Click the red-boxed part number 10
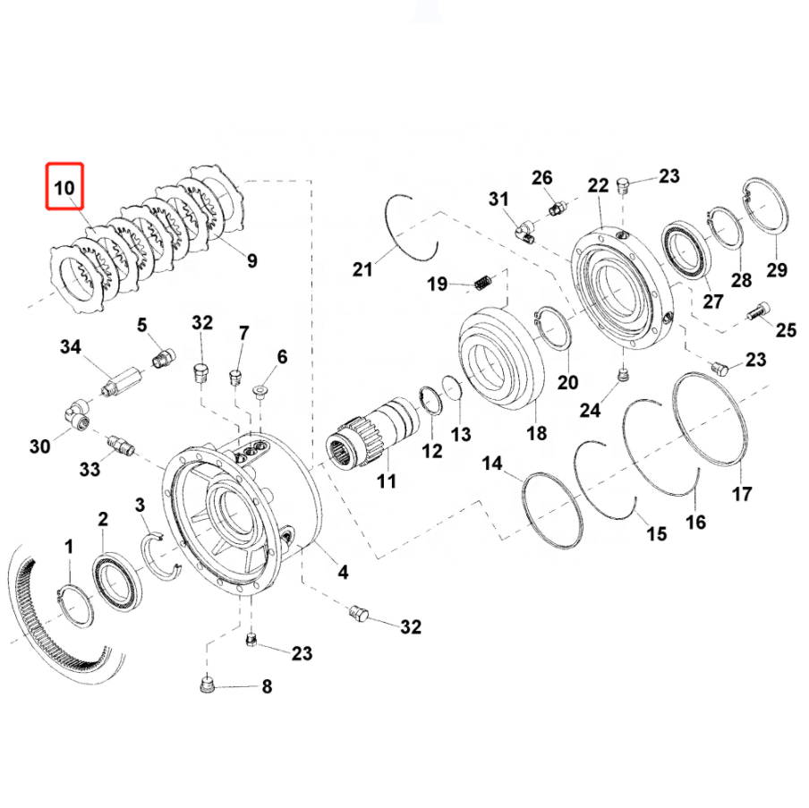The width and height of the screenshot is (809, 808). pos(65,189)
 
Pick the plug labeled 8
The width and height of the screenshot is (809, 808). pos(206,686)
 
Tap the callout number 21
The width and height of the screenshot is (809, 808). pos(362,268)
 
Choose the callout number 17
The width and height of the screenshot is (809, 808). pos(742,492)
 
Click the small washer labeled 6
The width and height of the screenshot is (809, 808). pos(260,390)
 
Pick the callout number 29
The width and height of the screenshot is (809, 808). pos(776,270)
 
